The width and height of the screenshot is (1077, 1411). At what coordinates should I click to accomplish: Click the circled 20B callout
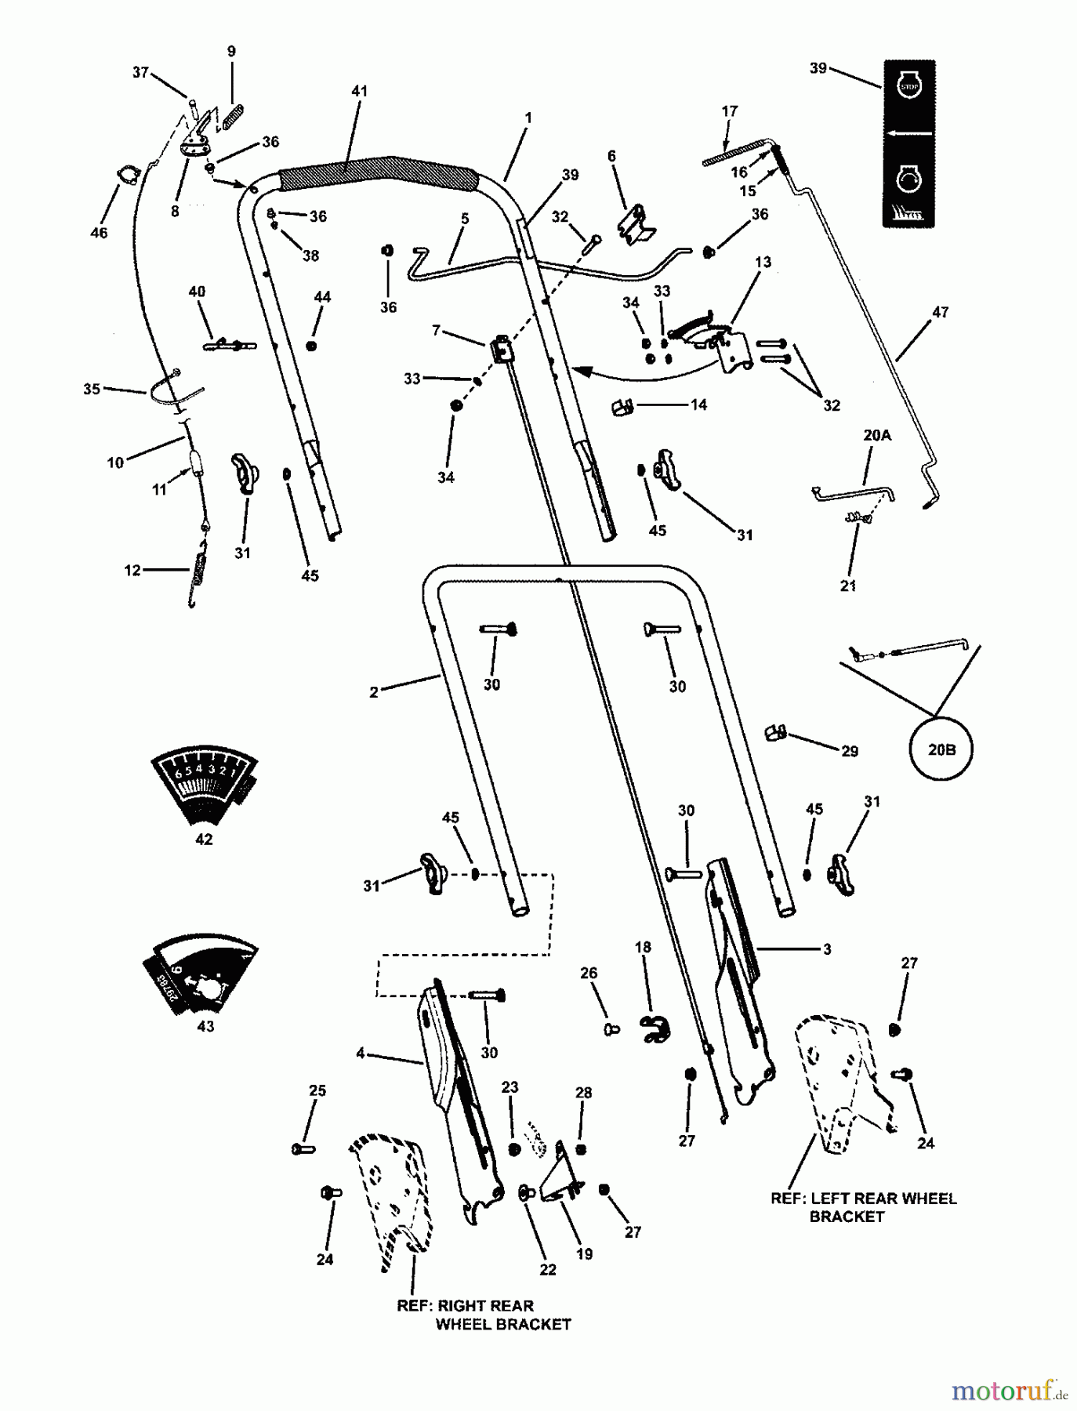(x=941, y=749)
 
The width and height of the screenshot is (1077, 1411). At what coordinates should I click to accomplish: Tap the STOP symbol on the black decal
(x=908, y=85)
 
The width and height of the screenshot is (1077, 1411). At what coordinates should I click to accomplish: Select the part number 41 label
(x=359, y=92)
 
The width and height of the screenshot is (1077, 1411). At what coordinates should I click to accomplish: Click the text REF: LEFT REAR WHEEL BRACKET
(x=863, y=1207)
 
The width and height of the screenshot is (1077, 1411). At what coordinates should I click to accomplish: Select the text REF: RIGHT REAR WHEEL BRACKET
(x=484, y=1315)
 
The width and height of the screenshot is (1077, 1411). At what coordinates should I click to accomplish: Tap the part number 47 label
(x=940, y=312)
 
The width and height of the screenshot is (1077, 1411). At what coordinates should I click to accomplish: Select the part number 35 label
(x=92, y=389)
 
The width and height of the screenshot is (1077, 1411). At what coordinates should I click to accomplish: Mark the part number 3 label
(x=827, y=949)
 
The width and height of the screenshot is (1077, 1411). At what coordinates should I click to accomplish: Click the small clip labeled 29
(x=775, y=733)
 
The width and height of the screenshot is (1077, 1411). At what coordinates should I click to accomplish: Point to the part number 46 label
(x=99, y=233)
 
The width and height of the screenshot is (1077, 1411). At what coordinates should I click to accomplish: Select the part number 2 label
(x=374, y=692)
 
